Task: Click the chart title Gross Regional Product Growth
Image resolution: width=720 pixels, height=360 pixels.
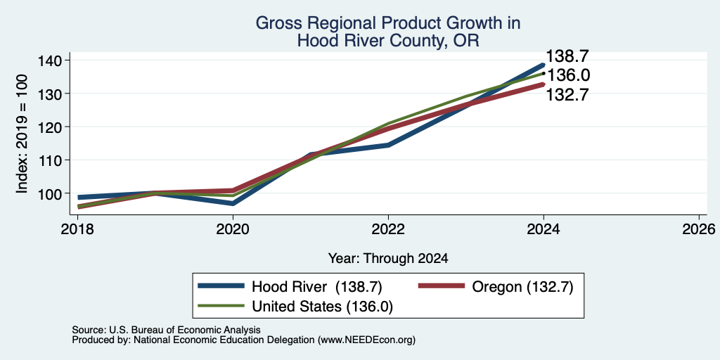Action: [388, 22]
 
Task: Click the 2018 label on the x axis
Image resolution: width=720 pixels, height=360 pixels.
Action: [78, 229]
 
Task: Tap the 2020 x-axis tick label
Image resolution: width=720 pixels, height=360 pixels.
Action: [233, 229]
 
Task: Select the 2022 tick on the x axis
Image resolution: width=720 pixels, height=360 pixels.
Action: [388, 229]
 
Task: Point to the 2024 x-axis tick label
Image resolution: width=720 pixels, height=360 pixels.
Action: [544, 229]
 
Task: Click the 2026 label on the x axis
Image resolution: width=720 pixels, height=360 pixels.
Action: [699, 229]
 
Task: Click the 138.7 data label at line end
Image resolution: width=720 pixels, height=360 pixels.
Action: [567, 56]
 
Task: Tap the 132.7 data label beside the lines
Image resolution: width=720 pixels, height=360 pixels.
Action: [567, 95]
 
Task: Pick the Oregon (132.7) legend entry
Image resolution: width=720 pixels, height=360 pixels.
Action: [496, 287]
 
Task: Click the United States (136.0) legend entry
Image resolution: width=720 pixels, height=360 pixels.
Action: [295, 307]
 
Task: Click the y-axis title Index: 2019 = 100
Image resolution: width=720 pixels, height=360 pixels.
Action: [22, 134]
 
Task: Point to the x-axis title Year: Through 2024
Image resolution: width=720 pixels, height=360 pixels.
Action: [388, 259]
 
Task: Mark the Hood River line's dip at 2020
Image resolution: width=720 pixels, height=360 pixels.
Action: [233, 203]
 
